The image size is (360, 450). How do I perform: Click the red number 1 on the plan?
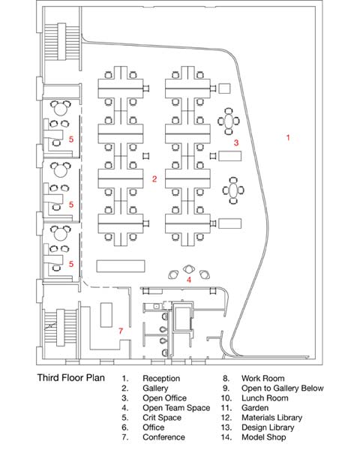tap(288, 138)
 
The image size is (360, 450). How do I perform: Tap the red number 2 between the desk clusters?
tap(154, 179)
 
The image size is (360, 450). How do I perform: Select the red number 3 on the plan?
tap(236, 142)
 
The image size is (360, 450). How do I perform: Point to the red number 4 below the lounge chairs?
tap(188, 280)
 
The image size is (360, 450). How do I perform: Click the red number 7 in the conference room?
tap(121, 331)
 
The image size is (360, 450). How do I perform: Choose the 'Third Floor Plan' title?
tap(71, 378)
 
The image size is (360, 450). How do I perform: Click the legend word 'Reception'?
tap(161, 379)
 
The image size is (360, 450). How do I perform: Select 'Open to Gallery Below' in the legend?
tap(283, 388)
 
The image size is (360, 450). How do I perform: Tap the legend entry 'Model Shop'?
tap(263, 437)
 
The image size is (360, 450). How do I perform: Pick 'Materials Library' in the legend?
tap(271, 418)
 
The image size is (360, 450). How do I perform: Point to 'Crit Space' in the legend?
tap(162, 418)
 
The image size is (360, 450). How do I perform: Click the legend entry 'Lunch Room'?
tap(265, 398)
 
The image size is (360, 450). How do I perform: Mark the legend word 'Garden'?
tap(255, 408)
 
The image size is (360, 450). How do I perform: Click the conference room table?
tap(106, 314)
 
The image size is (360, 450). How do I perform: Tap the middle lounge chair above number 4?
tap(188, 269)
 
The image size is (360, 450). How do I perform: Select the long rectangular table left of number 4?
tap(121, 266)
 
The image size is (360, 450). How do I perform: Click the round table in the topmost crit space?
tap(60, 109)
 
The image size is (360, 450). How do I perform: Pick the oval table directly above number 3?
tap(229, 121)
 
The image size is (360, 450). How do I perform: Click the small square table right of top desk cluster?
tap(224, 88)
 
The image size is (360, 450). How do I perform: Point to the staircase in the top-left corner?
tap(61, 42)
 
